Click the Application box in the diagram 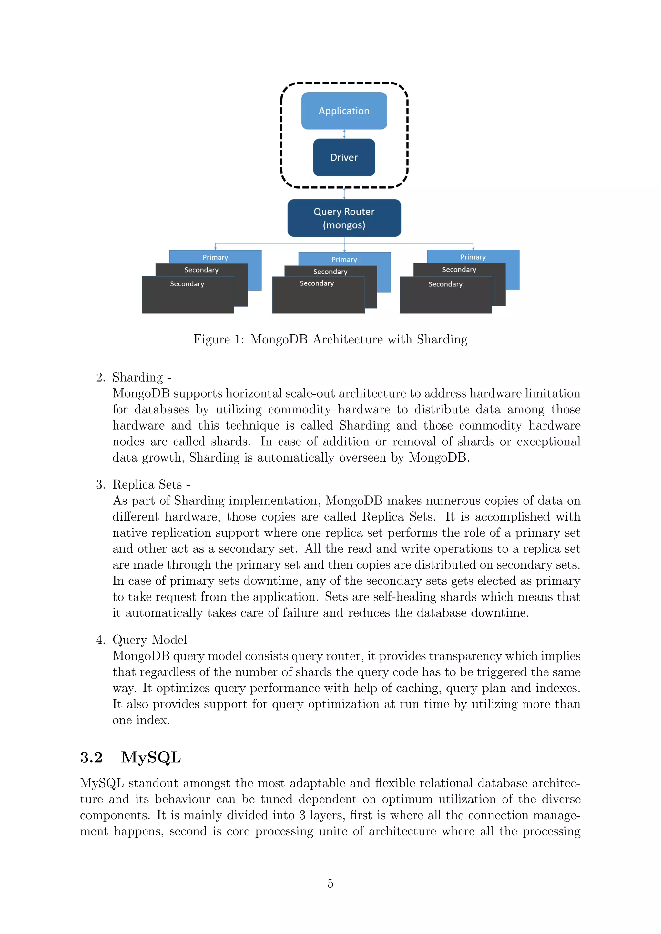tap(344, 111)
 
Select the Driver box tap(344, 157)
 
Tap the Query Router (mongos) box tap(344, 218)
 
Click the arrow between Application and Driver tap(344, 134)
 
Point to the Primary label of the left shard tap(215, 257)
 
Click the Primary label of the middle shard tap(344, 259)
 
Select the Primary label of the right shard tap(473, 257)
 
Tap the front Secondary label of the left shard tap(187, 284)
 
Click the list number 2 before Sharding tap(100, 378)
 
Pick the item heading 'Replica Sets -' tap(151, 484)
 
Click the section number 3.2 tap(91, 758)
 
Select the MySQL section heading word tap(151, 758)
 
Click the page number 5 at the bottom tap(330, 883)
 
